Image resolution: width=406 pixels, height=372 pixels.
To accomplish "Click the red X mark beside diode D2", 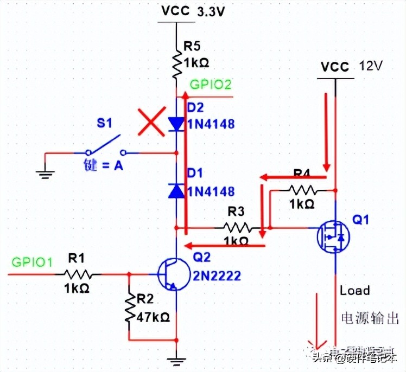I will (x=150, y=122).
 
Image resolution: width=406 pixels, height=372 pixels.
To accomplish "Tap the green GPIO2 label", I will (x=210, y=85).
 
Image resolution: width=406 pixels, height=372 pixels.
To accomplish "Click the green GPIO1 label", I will (x=32, y=262).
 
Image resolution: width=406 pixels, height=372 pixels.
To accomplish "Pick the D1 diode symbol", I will (x=176, y=190).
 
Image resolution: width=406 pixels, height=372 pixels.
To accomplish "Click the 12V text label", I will (x=371, y=66).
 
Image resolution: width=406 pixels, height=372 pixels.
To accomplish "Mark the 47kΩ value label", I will (x=153, y=316).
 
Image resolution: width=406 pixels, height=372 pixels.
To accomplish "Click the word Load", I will (x=354, y=291).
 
